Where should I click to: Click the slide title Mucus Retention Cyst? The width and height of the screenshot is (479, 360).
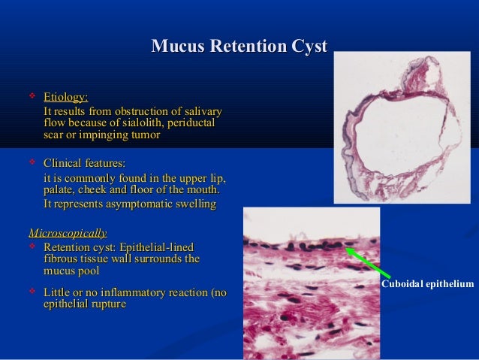pyautogui.click(x=239, y=47)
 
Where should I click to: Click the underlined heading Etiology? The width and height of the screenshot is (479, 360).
pyautogui.click(x=65, y=97)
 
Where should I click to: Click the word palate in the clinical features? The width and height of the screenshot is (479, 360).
pyautogui.click(x=61, y=190)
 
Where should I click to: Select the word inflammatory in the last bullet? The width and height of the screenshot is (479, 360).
pyautogui.click(x=155, y=292)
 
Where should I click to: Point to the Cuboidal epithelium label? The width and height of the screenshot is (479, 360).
pyautogui.click(x=427, y=284)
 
